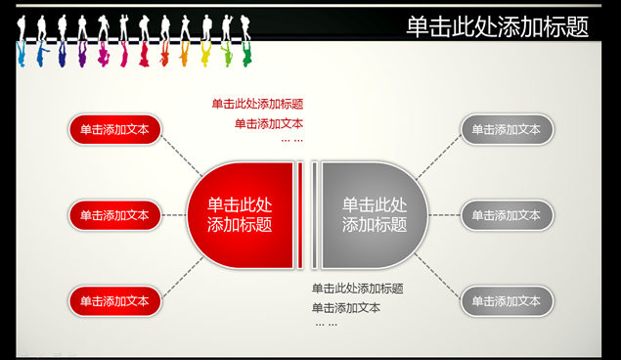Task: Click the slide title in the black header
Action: (x=498, y=27)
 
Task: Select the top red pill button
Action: (x=114, y=128)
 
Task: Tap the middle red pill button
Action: (x=114, y=215)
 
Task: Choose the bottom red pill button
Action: (x=114, y=301)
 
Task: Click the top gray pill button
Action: (x=507, y=128)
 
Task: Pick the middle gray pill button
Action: (x=507, y=215)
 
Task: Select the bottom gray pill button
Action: (x=507, y=301)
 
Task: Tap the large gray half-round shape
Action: (x=374, y=215)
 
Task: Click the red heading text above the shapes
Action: (x=257, y=104)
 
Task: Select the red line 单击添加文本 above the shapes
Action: (x=269, y=123)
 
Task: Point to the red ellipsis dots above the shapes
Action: (x=291, y=141)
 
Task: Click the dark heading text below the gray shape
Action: (x=358, y=289)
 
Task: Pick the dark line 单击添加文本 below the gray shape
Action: (x=346, y=307)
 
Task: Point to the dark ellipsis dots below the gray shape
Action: (x=326, y=324)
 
